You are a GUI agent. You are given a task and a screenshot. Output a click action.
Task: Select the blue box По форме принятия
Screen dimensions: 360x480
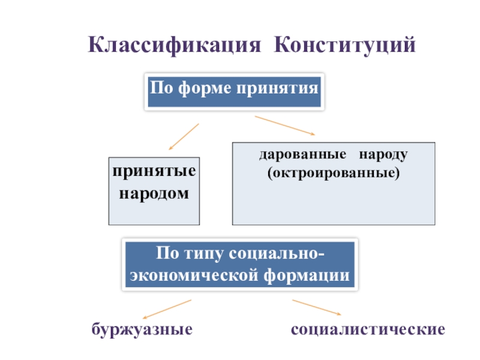pos(235,92)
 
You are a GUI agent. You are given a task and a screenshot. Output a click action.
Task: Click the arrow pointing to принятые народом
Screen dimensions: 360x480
pos(183,136)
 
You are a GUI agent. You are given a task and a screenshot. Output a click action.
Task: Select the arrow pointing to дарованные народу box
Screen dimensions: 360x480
pos(285,125)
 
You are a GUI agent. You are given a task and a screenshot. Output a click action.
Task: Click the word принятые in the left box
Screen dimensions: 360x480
pos(154,172)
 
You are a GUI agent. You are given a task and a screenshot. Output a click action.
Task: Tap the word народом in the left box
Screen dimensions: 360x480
pos(154,193)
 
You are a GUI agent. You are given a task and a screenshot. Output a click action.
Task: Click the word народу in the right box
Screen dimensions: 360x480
pos(384,155)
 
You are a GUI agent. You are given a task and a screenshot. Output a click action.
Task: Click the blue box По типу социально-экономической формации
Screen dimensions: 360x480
pos(240,264)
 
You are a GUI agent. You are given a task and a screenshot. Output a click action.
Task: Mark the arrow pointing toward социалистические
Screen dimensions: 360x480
pos(317,307)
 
